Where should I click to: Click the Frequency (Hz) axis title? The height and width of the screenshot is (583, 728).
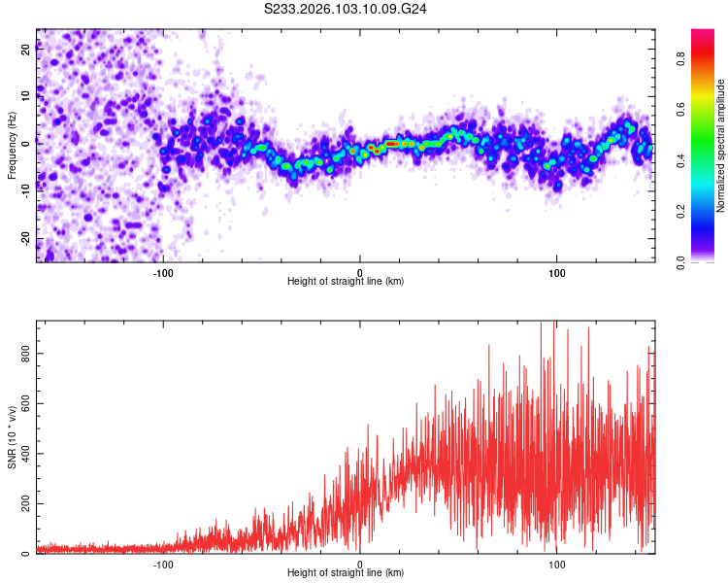coord(12,145)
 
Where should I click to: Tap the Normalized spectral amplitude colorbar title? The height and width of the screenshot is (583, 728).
coord(721,145)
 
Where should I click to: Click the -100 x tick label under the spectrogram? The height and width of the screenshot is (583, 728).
coord(163,272)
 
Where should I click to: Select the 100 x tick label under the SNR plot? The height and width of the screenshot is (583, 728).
coord(557,564)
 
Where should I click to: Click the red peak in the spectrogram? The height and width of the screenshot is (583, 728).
coord(391,144)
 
